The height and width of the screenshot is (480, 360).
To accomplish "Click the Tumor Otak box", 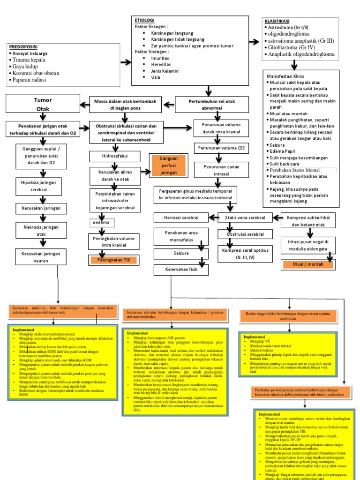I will click(42, 105).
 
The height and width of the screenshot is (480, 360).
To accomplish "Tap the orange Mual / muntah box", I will click(307, 264).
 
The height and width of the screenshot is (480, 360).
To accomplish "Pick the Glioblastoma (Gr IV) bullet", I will click(293, 47).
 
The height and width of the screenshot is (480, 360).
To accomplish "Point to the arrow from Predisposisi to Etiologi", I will click(126, 62).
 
